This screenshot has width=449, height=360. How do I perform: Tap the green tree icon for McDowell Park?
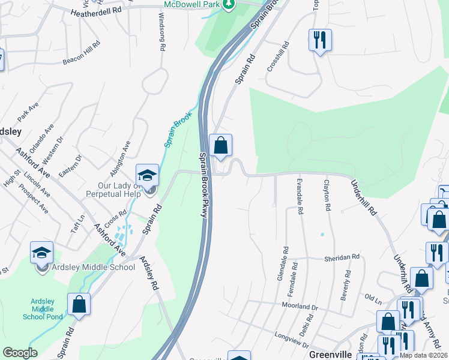228,5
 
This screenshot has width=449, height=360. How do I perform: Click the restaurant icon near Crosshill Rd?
319,40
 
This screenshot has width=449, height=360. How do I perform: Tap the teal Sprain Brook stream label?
178,130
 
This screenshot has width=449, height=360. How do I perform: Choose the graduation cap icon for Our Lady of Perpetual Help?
147,175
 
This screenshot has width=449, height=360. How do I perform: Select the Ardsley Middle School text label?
94,267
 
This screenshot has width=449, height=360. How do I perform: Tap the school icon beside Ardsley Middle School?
42,253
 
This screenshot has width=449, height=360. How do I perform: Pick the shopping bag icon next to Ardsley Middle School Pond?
79,304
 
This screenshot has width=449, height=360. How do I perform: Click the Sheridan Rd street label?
342,257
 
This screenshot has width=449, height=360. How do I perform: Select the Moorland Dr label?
299,305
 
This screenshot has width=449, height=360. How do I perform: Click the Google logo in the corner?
20,353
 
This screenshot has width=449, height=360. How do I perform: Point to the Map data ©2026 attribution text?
424,355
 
